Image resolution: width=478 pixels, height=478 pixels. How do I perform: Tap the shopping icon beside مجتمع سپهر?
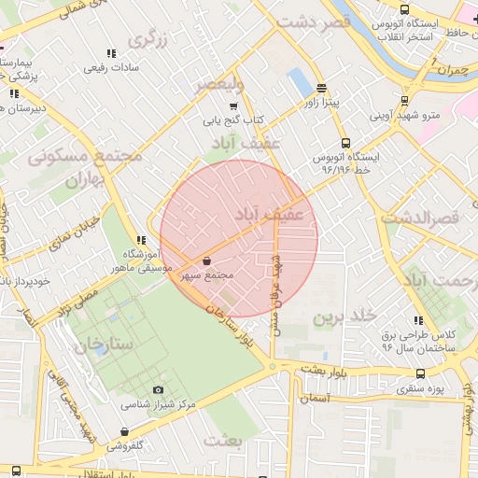coord(205,260)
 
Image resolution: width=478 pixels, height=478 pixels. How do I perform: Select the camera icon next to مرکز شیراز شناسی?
coord(158,389)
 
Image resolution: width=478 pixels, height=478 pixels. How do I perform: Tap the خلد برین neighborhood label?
coord(343,316)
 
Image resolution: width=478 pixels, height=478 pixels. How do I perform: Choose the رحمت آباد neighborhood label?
coord(439,278)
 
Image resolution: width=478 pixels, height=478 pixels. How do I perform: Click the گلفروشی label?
coord(124,445)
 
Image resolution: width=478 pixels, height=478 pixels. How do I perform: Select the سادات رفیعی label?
coord(111,67)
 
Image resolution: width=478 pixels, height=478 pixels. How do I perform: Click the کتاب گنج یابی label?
coord(234,120)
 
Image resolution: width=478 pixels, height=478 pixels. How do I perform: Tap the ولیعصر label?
coord(218,85)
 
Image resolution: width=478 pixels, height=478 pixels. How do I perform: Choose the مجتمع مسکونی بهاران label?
coord(84,165)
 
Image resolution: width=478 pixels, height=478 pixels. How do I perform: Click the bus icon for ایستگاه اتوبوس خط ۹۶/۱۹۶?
coord(346,144)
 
